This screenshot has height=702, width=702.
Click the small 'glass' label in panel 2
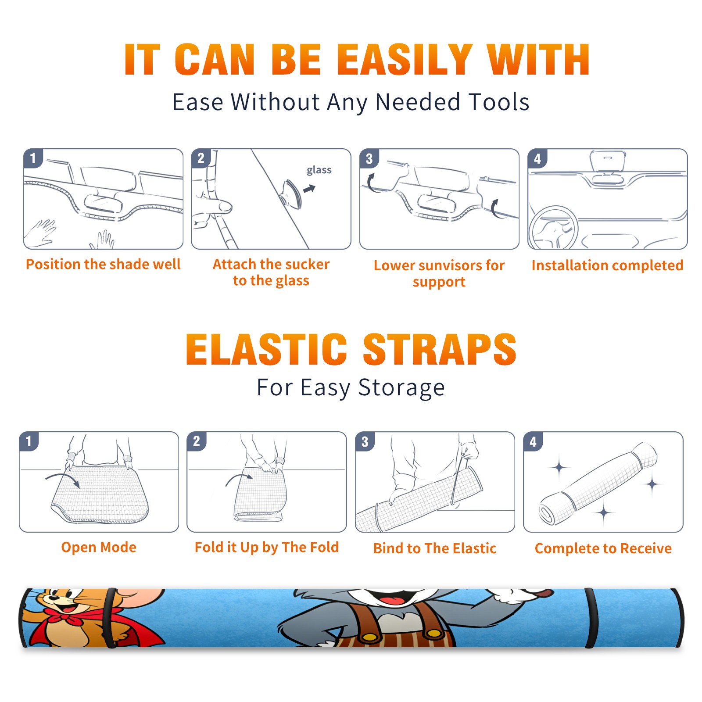pyautogui.click(x=319, y=170)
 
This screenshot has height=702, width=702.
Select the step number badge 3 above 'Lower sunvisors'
pyautogui.click(x=369, y=158)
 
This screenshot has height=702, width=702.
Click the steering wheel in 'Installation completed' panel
pyautogui.click(x=553, y=227)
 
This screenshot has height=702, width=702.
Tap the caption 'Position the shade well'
pyautogui.click(x=103, y=264)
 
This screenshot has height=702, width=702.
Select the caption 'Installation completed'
pyautogui.click(x=607, y=265)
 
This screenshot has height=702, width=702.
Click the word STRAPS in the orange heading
pyautogui.click(x=440, y=349)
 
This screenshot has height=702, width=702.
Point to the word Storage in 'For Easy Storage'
pyautogui.click(x=401, y=388)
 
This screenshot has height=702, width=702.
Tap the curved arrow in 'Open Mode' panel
pyautogui.click(x=63, y=479)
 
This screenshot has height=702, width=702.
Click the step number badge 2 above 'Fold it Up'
pyautogui.click(x=196, y=441)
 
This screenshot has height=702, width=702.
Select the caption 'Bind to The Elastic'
pyautogui.click(x=435, y=548)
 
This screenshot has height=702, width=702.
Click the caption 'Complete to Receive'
pyautogui.click(x=603, y=548)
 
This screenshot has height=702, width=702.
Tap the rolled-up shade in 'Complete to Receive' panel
pyautogui.click(x=598, y=484)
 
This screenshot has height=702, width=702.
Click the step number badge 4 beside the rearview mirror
pyautogui.click(x=537, y=158)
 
